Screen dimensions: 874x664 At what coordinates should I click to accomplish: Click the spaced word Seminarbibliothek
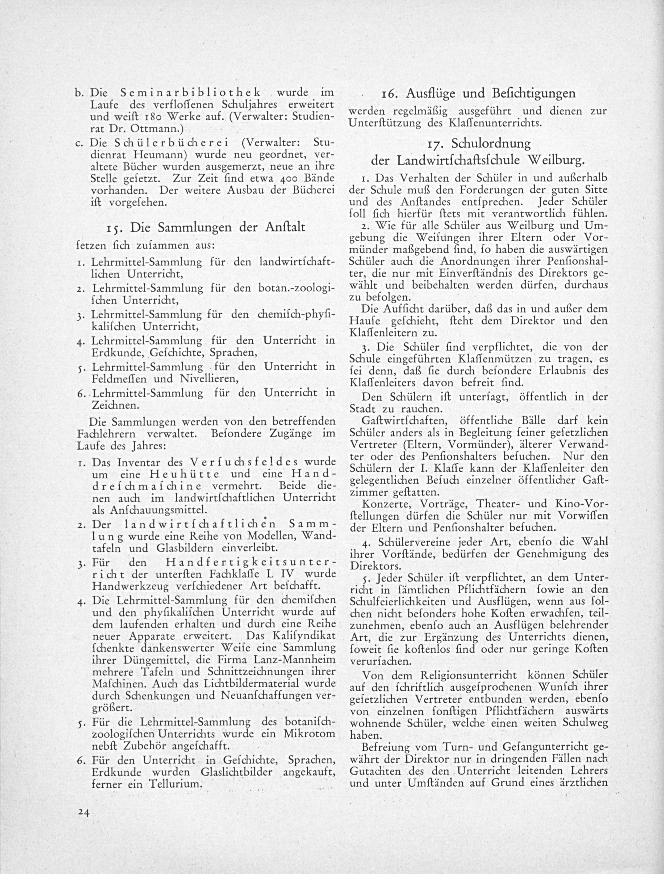coord(190,93)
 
